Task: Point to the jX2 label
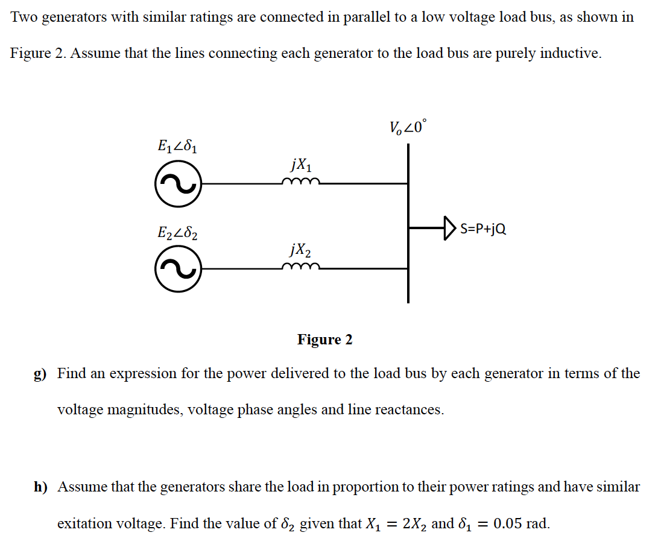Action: [301, 249]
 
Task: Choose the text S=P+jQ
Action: [483, 229]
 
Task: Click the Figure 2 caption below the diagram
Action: [324, 340]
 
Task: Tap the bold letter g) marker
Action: [40, 374]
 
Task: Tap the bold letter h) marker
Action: [40, 487]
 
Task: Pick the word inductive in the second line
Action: [570, 53]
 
